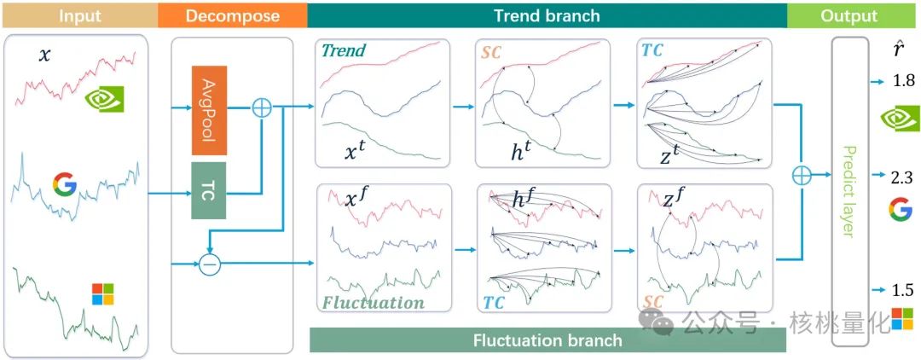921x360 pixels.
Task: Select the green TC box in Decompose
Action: click(209, 189)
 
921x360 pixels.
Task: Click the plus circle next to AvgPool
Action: click(262, 108)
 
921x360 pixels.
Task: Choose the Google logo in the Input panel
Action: click(65, 184)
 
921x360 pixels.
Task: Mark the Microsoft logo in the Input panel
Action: click(102, 293)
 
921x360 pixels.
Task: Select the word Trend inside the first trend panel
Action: click(344, 51)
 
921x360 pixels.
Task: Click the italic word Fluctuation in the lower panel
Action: click(373, 302)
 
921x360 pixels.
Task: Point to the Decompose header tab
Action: click(231, 16)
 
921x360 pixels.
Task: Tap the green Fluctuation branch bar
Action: click(547, 340)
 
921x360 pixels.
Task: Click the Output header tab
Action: click(849, 16)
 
